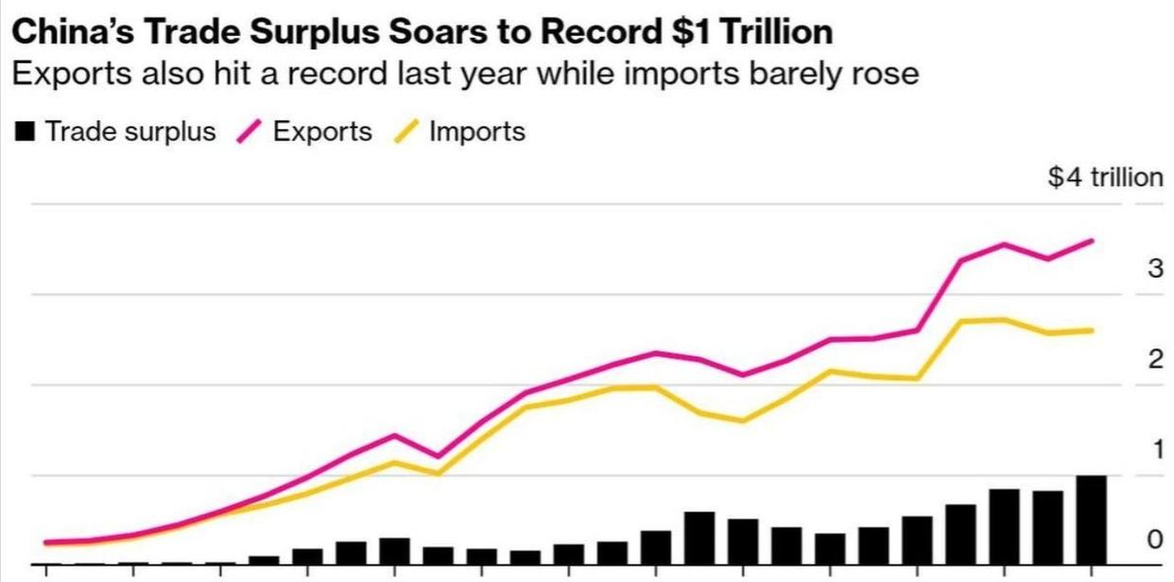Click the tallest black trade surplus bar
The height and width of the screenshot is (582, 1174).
tap(1091, 520)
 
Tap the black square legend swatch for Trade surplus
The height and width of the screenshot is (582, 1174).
tap(26, 132)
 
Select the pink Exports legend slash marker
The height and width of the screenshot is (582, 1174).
tap(249, 132)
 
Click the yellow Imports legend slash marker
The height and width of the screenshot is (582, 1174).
tap(406, 132)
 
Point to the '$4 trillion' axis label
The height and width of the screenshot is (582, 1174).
tap(1105, 177)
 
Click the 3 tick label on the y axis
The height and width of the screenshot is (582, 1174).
tap(1154, 269)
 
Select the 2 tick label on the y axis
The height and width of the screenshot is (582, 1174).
tap(1154, 359)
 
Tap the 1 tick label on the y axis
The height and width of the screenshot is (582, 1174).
tap(1155, 450)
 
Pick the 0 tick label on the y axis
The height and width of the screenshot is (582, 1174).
tap(1154, 539)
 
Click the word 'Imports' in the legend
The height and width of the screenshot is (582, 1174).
tap(476, 131)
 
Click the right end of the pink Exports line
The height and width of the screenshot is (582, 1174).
tap(1093, 241)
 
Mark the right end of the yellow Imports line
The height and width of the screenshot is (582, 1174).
tap(1093, 331)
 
